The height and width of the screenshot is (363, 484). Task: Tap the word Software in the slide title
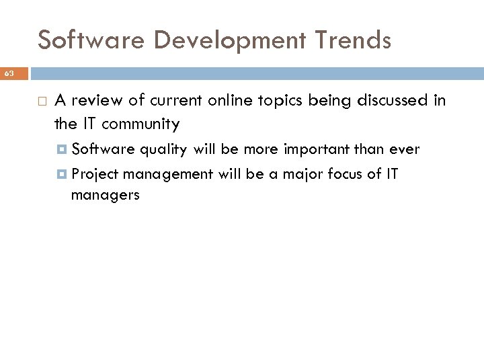(89, 40)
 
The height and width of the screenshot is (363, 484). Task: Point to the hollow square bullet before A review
(42, 102)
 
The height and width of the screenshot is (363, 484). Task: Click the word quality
(163, 150)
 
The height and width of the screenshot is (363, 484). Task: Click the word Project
(95, 175)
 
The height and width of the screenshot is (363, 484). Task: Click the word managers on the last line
(106, 196)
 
